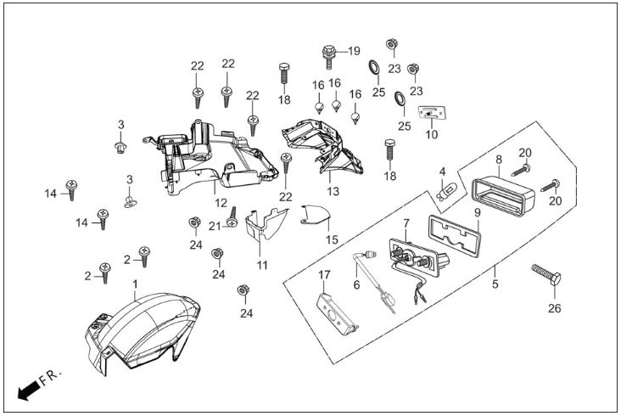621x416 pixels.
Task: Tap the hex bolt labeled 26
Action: [546, 273]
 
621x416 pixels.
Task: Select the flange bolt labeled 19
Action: [329, 57]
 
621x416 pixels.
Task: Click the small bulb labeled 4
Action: [446, 192]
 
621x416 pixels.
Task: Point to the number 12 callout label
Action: [221, 203]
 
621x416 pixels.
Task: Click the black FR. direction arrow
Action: [29, 391]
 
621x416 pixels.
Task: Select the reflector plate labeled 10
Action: [432, 113]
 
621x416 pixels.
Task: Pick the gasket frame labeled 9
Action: [454, 236]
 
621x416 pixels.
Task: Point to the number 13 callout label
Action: [333, 191]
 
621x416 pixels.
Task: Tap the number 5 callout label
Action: [495, 284]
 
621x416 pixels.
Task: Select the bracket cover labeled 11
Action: [263, 225]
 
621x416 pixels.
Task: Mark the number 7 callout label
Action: [406, 223]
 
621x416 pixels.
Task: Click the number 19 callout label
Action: [354, 51]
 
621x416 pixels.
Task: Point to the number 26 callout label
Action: [555, 308]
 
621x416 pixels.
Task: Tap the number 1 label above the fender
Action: [135, 284]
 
